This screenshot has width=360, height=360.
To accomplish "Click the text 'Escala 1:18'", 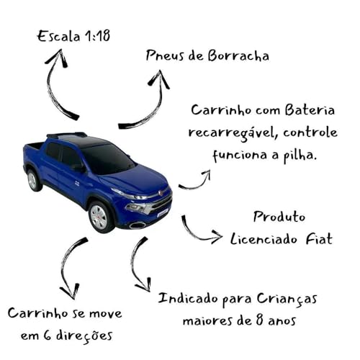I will click(74, 35).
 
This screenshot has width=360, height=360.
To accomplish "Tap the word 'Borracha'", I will click(238, 56).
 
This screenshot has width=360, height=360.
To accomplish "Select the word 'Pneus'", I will click(164, 55).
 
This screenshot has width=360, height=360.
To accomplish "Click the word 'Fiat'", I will click(318, 238).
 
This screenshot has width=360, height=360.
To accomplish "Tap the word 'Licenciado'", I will click(265, 238).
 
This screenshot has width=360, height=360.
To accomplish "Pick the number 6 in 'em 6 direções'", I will click(50, 335).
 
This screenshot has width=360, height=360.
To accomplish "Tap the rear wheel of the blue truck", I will click(32, 180).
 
